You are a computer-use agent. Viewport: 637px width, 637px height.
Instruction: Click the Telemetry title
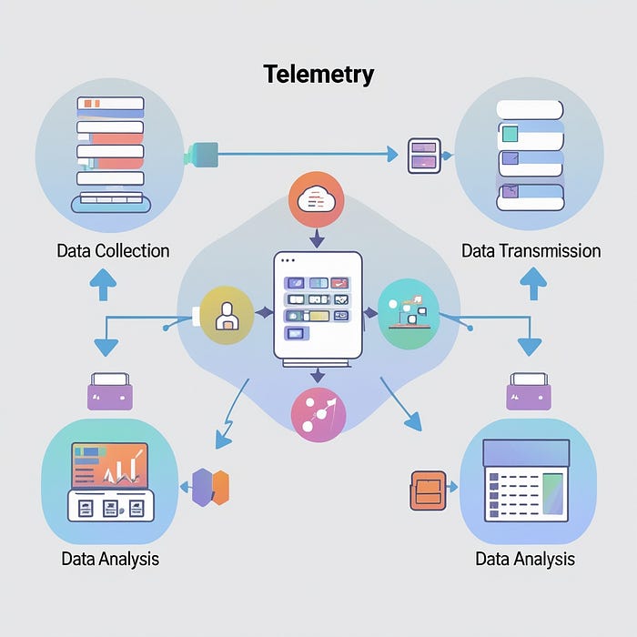[x=318, y=74]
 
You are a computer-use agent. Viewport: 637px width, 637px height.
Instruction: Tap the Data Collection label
[x=113, y=250]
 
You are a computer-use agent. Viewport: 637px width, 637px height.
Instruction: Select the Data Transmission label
[x=531, y=250]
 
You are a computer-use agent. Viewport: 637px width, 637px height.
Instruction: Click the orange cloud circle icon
[x=315, y=199]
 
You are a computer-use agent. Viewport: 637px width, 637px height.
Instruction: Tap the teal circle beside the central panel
[x=407, y=314]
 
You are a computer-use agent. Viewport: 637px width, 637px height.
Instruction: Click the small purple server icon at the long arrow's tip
[x=424, y=154]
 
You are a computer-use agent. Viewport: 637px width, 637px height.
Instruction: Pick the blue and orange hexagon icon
[x=210, y=487]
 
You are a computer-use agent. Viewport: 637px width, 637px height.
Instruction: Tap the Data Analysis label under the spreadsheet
[x=525, y=558]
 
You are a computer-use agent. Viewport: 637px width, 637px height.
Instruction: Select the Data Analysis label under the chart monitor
[x=110, y=558]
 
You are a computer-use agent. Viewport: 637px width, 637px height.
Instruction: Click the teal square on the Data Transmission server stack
[x=510, y=134]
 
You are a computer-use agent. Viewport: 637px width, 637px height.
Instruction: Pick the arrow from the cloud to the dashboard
[x=316, y=238]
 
